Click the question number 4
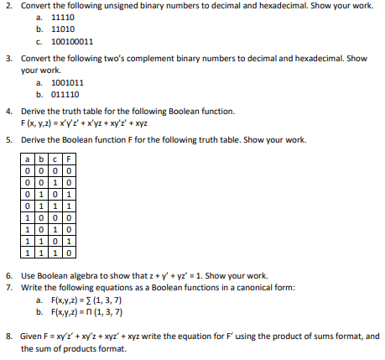[x=8, y=111]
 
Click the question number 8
[x=8, y=336]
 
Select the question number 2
[x=8, y=5]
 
